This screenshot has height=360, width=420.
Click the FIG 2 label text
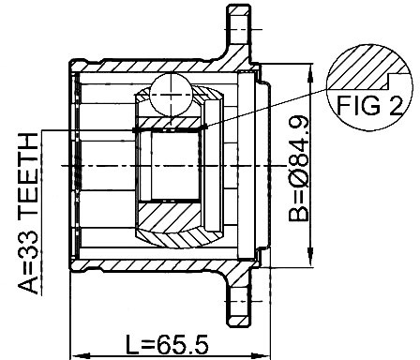click(370, 105)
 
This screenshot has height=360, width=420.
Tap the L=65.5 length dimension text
click(167, 345)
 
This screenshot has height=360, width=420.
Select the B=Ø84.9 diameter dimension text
click(299, 169)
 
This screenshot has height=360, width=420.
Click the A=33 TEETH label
click(28, 214)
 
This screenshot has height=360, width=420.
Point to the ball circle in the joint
click(171, 94)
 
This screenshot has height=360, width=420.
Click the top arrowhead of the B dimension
click(310, 73)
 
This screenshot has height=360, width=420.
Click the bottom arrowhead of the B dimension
click(310, 257)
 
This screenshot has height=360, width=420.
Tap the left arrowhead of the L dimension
click(82, 356)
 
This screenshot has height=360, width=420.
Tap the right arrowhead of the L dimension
click(261, 356)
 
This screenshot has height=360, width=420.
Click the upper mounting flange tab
click(238, 25)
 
